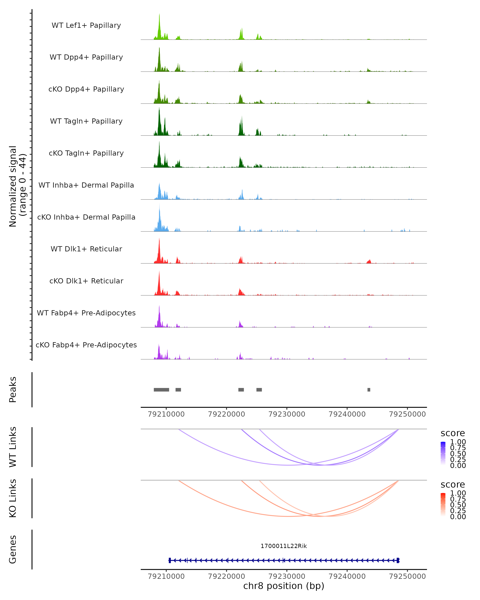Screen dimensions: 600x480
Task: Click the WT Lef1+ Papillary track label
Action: [x=86, y=25]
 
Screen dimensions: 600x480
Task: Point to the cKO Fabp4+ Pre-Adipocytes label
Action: [x=86, y=345]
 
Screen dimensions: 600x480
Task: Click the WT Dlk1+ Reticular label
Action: [x=86, y=249]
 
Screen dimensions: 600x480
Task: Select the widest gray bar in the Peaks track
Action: [x=161, y=390]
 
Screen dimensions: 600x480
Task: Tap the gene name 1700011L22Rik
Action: [x=284, y=546]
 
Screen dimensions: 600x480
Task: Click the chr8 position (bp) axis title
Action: [x=284, y=586]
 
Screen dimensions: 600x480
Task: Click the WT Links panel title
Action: [x=13, y=447]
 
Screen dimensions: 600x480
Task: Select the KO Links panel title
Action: [x=13, y=498]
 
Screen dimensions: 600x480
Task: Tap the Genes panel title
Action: [x=13, y=549]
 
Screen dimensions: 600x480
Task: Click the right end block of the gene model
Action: [x=398, y=560]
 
